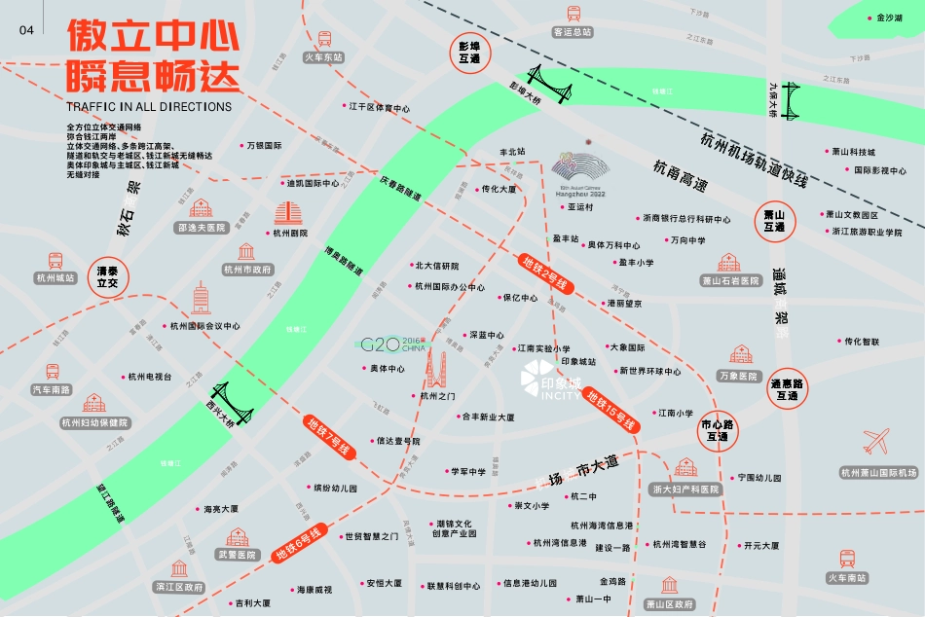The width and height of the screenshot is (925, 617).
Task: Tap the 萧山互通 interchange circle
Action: click(x=775, y=221)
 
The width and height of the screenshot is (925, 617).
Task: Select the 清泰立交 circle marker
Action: click(x=107, y=276)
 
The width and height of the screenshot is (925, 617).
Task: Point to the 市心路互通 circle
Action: click(x=719, y=430)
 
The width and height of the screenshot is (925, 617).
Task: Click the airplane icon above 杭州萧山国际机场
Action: click(x=876, y=443)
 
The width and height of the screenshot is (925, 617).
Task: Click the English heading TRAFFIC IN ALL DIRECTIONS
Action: click(x=149, y=106)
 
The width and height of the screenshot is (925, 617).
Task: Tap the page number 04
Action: click(x=26, y=30)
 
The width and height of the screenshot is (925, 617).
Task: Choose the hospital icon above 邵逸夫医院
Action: click(x=201, y=208)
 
